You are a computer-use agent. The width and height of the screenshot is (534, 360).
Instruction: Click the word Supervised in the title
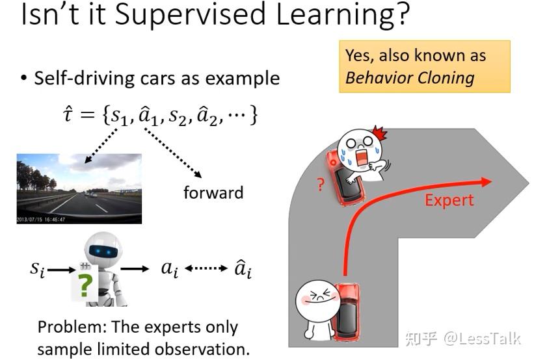(x=190, y=14)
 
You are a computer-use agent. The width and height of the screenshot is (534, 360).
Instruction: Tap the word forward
(x=213, y=192)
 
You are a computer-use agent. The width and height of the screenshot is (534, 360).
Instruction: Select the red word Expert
(x=449, y=201)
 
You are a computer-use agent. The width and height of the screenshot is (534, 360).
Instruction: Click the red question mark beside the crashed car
(x=321, y=185)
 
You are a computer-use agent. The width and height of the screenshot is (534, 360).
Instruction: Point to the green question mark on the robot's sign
(x=85, y=285)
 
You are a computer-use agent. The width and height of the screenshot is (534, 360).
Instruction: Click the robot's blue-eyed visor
(x=103, y=251)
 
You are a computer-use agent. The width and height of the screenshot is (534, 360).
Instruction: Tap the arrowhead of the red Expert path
(x=486, y=182)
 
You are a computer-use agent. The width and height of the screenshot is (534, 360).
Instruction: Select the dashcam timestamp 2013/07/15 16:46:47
(x=41, y=220)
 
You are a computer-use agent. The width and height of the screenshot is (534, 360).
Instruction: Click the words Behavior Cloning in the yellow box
(x=410, y=78)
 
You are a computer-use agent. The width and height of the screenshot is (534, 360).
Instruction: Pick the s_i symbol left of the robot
(x=38, y=269)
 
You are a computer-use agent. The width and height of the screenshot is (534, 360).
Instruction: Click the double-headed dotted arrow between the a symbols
(x=206, y=268)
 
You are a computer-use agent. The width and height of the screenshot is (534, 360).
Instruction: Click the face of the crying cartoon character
(x=360, y=149)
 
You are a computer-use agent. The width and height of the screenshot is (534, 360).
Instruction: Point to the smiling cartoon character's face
(x=317, y=298)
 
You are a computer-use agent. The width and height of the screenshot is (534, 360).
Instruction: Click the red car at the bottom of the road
(x=346, y=312)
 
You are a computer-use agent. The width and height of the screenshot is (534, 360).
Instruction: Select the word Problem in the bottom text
(x=73, y=328)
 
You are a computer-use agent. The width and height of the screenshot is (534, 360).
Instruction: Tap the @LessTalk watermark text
(x=482, y=339)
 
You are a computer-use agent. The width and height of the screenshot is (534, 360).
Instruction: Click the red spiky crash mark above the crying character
(x=379, y=133)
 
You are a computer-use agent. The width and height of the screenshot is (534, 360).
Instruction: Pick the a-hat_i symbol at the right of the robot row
(x=243, y=268)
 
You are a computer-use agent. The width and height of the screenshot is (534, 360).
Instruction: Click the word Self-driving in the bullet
(x=85, y=79)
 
